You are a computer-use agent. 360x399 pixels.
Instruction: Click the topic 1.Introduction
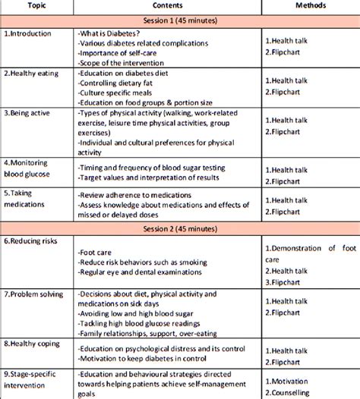point(29,34)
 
